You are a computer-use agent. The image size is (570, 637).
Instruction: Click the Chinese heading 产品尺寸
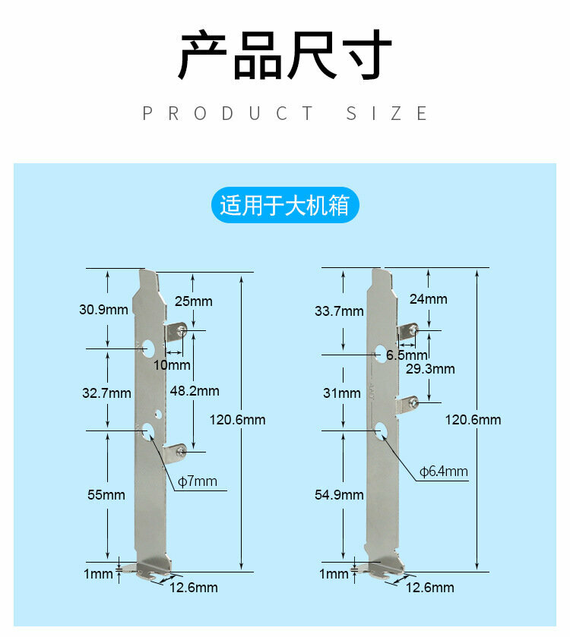[285, 55]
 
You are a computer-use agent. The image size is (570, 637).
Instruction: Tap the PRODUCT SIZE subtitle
[285, 114]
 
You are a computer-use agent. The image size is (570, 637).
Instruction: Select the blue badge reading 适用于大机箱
[284, 206]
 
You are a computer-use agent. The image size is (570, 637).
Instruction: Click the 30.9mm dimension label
[104, 309]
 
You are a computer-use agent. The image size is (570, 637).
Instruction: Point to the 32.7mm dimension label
[106, 393]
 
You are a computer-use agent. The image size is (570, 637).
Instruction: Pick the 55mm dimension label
[106, 494]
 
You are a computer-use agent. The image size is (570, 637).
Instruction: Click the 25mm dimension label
[194, 301]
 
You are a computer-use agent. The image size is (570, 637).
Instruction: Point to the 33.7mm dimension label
[339, 311]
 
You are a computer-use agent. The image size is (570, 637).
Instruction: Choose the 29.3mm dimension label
[430, 369]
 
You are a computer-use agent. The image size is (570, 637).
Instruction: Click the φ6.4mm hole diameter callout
[444, 471]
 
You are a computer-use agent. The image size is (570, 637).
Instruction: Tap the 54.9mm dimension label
[339, 494]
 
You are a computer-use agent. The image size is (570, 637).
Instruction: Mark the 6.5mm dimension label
[406, 355]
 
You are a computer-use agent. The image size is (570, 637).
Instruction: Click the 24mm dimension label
[429, 298]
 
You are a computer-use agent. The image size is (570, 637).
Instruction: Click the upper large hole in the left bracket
[150, 349]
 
